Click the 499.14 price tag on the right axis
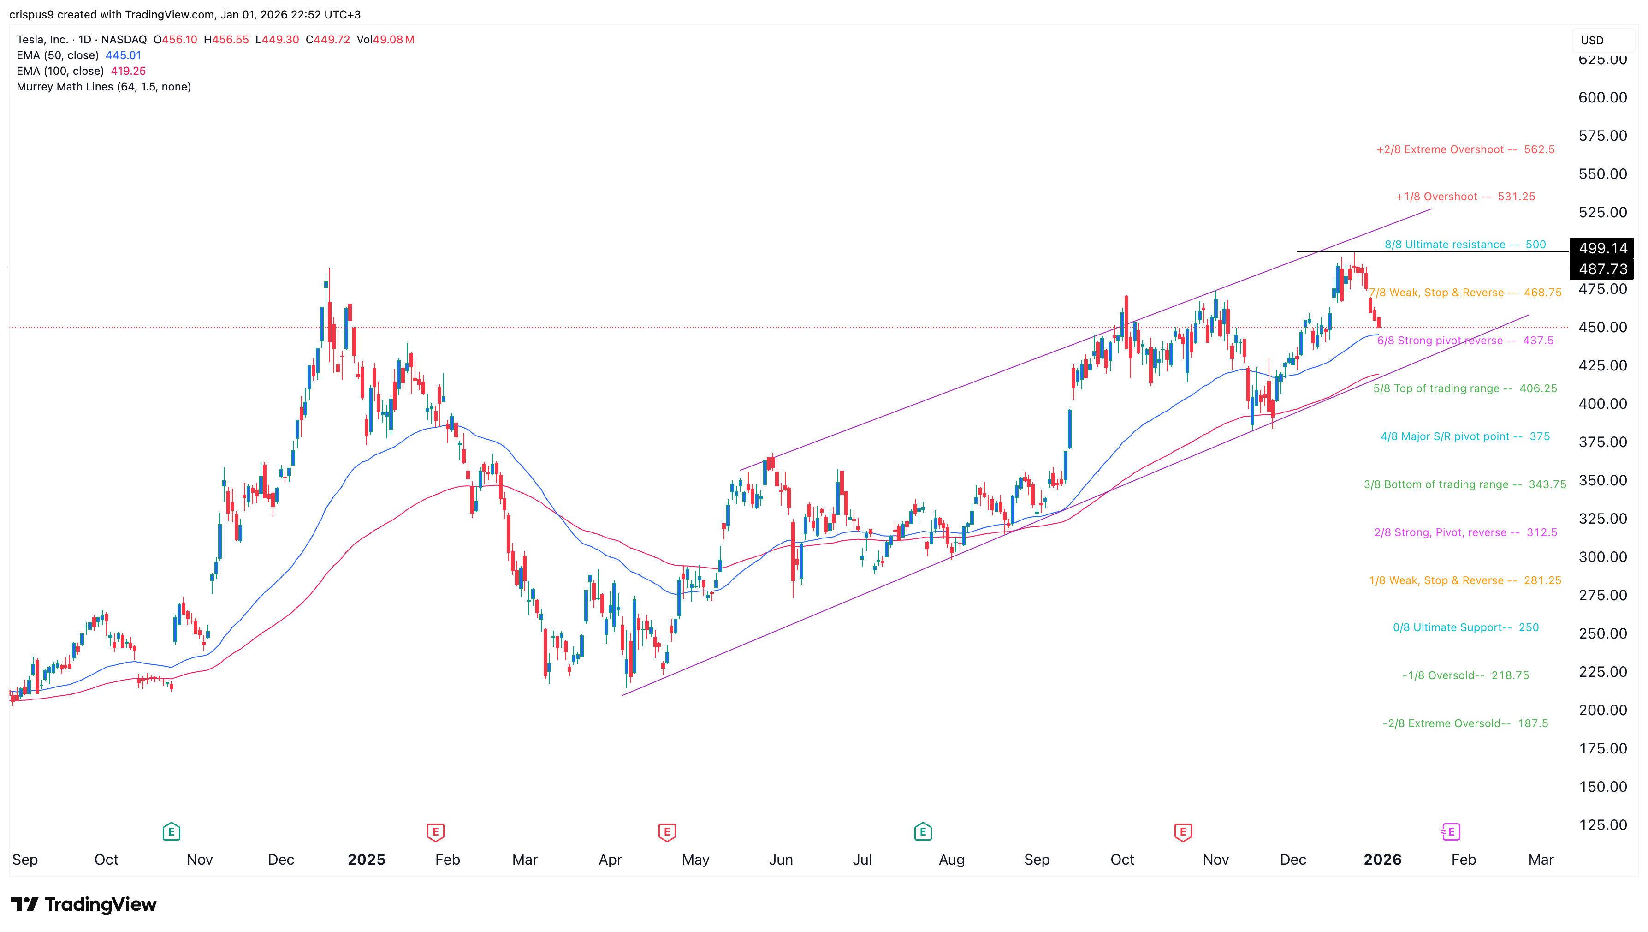(x=1602, y=248)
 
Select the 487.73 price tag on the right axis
(x=1602, y=269)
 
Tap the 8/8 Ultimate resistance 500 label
(x=1464, y=245)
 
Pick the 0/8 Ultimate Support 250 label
(x=1465, y=627)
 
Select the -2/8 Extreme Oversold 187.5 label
(x=1465, y=723)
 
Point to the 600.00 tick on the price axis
(x=1602, y=97)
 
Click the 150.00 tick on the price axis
(x=1602, y=787)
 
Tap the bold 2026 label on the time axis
(x=1382, y=860)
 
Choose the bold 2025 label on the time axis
(x=366, y=860)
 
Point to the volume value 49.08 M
(x=393, y=40)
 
